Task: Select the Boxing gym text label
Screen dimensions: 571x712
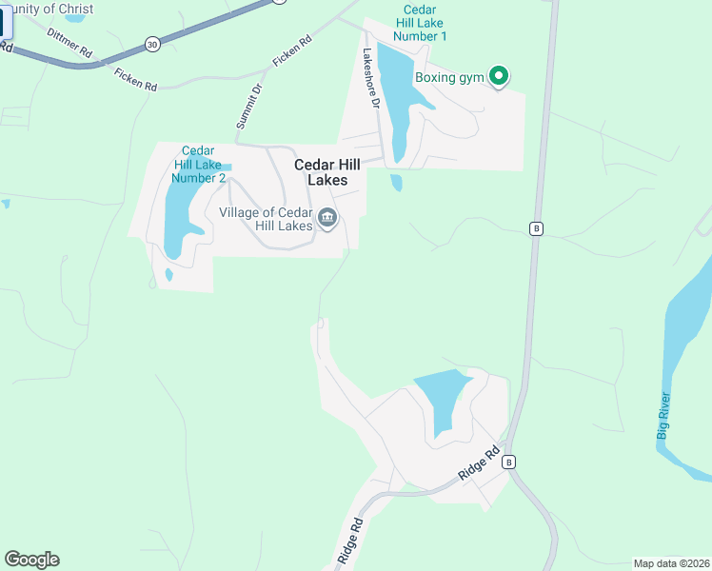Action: pyautogui.click(x=450, y=77)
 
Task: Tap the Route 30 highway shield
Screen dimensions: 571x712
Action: pyautogui.click(x=152, y=44)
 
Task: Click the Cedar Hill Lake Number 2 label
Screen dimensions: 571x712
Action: pyautogui.click(x=199, y=164)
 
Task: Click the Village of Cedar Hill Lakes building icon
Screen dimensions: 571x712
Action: pyautogui.click(x=327, y=218)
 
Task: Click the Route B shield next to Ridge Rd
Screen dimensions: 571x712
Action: pyautogui.click(x=509, y=462)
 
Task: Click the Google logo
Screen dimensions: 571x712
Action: pyautogui.click(x=31, y=560)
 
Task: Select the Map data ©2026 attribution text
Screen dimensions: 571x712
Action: pyautogui.click(x=671, y=563)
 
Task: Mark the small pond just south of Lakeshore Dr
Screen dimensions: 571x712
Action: pyautogui.click(x=396, y=182)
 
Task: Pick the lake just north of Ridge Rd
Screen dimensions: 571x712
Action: pyautogui.click(x=441, y=395)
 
